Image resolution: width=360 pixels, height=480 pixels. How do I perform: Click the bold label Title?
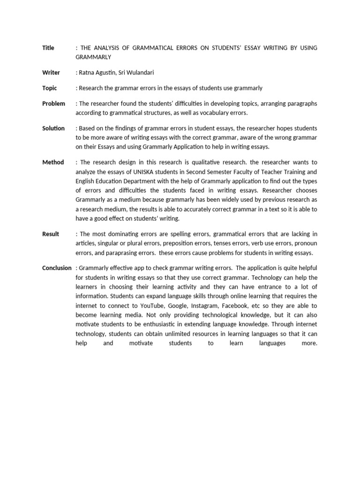point(48,48)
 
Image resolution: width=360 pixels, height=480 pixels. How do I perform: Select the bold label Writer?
point(51,73)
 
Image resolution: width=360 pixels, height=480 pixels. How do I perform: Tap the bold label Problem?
point(53,104)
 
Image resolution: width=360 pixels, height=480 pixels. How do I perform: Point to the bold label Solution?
point(53,128)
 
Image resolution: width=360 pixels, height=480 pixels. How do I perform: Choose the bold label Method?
point(53,162)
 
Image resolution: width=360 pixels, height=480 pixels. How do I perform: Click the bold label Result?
point(51,234)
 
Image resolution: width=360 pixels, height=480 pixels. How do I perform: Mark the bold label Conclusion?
point(57,268)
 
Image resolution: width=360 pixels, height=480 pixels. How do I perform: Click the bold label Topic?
point(50,88)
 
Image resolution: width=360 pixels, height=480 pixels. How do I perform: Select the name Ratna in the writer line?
point(88,73)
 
